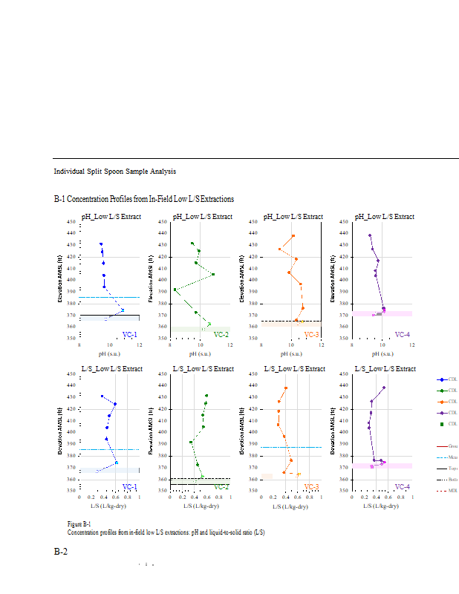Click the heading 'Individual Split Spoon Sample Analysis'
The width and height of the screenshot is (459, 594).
pyautogui.click(x=114, y=172)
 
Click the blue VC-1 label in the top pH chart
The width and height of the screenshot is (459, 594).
pyautogui.click(x=129, y=335)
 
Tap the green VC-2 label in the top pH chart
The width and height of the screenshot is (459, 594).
pyautogui.click(x=221, y=335)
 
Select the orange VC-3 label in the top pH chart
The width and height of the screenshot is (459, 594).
pyautogui.click(x=311, y=335)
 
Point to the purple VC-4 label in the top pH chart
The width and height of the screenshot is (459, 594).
pyautogui.click(x=402, y=335)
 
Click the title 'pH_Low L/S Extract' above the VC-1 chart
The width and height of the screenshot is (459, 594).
pyautogui.click(x=111, y=217)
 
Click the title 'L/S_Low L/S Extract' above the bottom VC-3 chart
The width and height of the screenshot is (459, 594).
pyautogui.click(x=293, y=368)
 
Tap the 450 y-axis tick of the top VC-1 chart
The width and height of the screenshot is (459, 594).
pyautogui.click(x=71, y=221)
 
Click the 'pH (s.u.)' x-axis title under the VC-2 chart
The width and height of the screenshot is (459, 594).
pyautogui.click(x=201, y=354)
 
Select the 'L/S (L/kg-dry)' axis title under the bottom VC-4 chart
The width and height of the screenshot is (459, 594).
pyautogui.click(x=383, y=506)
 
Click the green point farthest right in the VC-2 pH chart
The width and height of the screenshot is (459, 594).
pyautogui.click(x=213, y=274)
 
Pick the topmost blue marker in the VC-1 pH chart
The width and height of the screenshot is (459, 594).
pyautogui.click(x=101, y=244)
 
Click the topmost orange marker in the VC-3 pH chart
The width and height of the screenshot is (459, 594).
pyautogui.click(x=293, y=236)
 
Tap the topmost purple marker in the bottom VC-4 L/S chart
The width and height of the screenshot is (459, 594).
pyautogui.click(x=384, y=388)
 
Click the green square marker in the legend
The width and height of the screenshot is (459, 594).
pyautogui.click(x=442, y=424)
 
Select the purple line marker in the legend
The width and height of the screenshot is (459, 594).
pyautogui.click(x=442, y=412)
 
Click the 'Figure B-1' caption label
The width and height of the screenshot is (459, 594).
pyautogui.click(x=79, y=524)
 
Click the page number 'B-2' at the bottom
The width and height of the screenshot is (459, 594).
pyautogui.click(x=61, y=552)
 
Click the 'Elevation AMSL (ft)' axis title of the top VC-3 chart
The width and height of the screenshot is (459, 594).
pyautogui.click(x=243, y=279)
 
